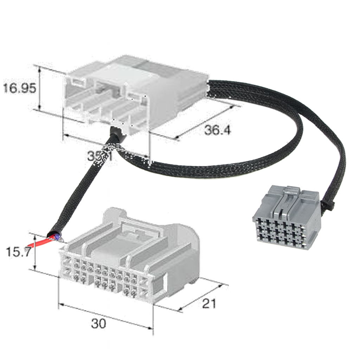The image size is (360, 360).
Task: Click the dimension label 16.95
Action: (x=20, y=88)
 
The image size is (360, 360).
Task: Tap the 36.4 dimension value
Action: (x=218, y=130)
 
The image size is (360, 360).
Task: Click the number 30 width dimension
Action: (x=98, y=323)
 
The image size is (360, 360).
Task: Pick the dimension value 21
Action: (x=210, y=303)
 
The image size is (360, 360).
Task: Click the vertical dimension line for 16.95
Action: (x=40, y=89)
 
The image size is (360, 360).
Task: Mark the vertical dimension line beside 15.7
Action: (x=35, y=252)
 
